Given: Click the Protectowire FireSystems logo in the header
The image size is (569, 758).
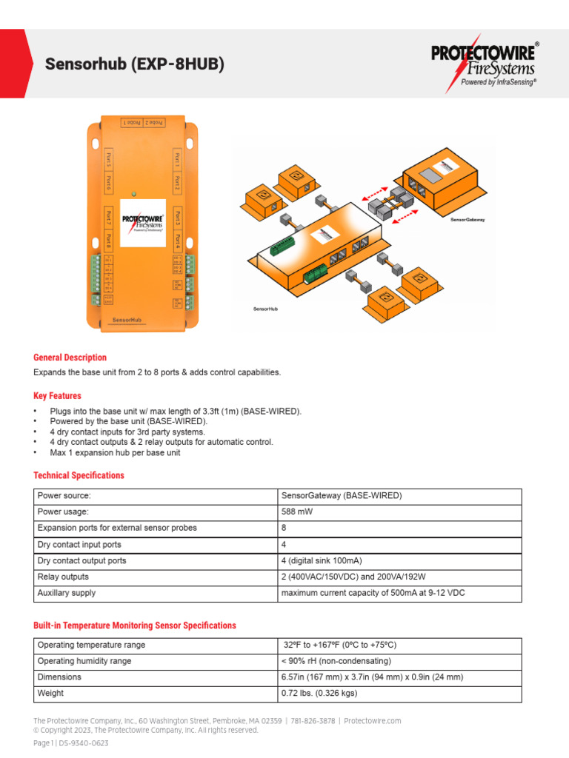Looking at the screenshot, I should tap(485, 65).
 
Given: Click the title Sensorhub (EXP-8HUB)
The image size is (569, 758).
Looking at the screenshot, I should tap(134, 65).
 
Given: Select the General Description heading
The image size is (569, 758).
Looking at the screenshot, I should tap(70, 358).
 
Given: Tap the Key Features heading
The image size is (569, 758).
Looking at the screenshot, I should tap(58, 396).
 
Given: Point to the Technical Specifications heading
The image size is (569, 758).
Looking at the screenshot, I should tap(79, 475).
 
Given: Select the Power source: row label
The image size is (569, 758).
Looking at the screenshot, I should tap(64, 495).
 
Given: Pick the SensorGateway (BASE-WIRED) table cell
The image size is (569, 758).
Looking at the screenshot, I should tap(331, 495).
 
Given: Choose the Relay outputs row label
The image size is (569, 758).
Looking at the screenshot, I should tap(63, 577).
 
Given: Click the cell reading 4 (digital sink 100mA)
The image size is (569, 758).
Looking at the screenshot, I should tap(322, 560).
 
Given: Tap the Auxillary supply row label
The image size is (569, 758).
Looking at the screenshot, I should tap(67, 593).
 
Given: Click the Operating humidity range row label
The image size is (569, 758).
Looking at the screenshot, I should tap(85, 661).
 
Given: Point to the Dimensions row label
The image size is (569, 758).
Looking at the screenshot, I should tap(59, 677).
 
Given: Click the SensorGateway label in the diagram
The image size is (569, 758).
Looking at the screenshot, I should tap(467, 220).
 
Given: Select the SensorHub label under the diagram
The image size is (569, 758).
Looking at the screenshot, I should tap(264, 308).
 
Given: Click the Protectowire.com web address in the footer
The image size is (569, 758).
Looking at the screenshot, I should tap(373, 721).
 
